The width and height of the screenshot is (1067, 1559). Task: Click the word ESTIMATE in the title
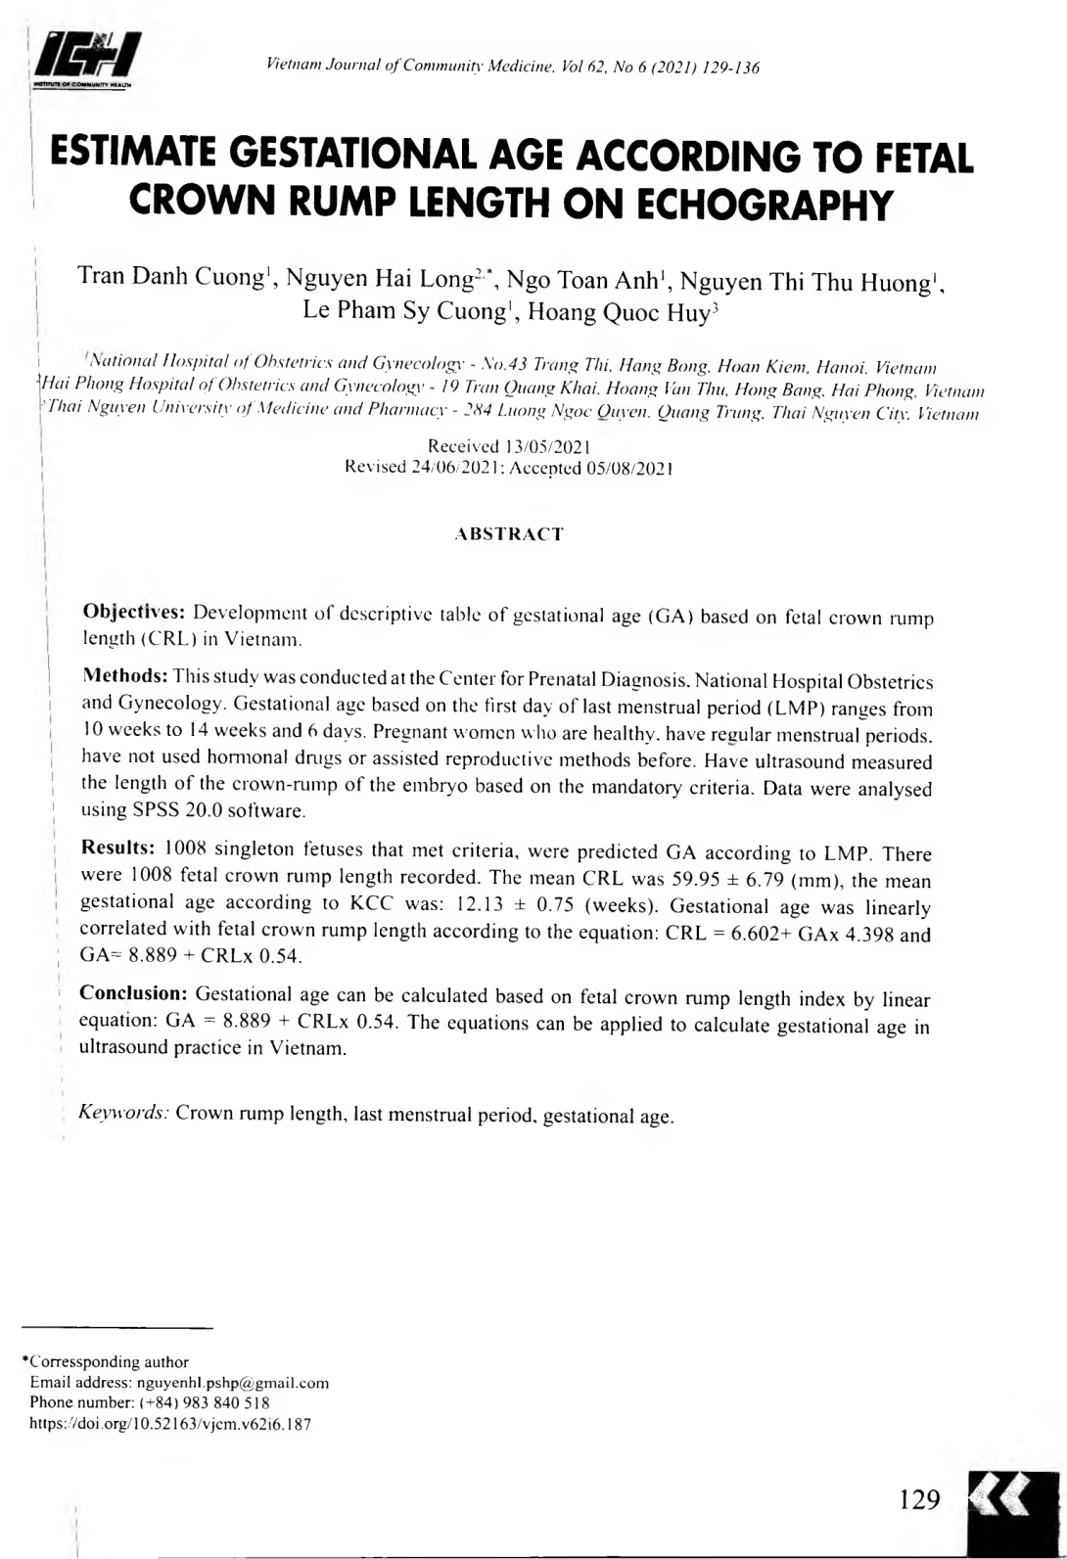pos(136,157)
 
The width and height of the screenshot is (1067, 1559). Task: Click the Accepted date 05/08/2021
pos(625,467)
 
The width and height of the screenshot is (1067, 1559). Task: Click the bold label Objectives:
pos(134,613)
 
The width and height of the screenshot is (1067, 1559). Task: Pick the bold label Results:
pos(118,848)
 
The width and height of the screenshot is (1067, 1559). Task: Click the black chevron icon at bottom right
pos(1012,1501)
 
